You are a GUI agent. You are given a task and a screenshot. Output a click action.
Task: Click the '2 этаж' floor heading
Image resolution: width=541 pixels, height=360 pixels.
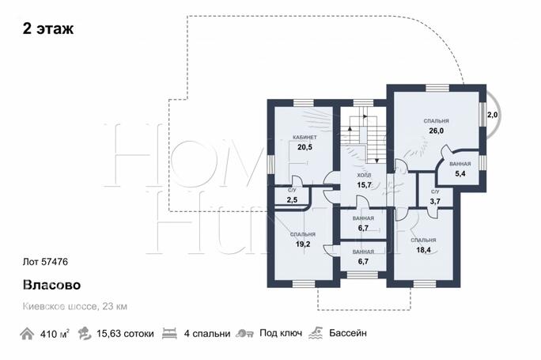(48, 28)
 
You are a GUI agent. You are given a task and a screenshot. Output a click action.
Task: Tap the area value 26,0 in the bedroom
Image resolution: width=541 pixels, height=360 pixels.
(436, 131)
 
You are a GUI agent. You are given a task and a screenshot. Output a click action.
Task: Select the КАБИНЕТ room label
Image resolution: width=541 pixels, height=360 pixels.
(305, 138)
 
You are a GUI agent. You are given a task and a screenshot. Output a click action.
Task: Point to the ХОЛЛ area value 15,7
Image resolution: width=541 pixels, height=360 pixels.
(364, 184)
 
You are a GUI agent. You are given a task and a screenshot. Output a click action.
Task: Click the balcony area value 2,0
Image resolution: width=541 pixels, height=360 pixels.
(492, 115)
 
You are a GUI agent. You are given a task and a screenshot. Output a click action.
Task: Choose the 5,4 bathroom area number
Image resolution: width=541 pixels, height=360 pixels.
(460, 173)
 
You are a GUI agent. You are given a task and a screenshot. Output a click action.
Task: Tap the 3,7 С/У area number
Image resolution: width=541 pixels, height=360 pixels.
(435, 201)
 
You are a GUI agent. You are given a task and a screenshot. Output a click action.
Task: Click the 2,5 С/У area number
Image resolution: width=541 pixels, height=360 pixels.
(292, 199)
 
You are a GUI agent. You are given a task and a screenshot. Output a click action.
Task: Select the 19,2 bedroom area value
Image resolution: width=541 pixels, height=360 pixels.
(303, 244)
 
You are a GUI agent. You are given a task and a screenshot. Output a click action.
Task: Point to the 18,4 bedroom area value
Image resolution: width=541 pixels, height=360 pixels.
(423, 249)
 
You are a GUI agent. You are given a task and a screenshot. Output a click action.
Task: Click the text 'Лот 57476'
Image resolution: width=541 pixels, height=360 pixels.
(45, 262)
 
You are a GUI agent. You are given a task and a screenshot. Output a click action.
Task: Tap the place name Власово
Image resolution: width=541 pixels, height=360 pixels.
(51, 285)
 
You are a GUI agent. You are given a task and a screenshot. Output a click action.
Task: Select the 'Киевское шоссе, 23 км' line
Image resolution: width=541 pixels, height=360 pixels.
(75, 306)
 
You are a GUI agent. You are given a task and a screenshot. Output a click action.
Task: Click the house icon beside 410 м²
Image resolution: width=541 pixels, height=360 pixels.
(27, 334)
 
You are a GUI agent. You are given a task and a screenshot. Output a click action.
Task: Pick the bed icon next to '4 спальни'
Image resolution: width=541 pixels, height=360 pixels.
(169, 333)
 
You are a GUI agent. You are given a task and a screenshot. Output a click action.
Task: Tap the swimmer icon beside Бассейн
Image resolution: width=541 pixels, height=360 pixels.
(316, 333)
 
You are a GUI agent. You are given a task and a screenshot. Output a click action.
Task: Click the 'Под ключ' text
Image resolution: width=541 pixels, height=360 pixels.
(281, 333)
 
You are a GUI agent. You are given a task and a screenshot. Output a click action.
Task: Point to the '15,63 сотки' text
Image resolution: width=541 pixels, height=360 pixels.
(125, 334)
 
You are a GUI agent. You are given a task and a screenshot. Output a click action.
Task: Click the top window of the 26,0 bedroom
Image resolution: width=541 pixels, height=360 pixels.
(437, 88)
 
